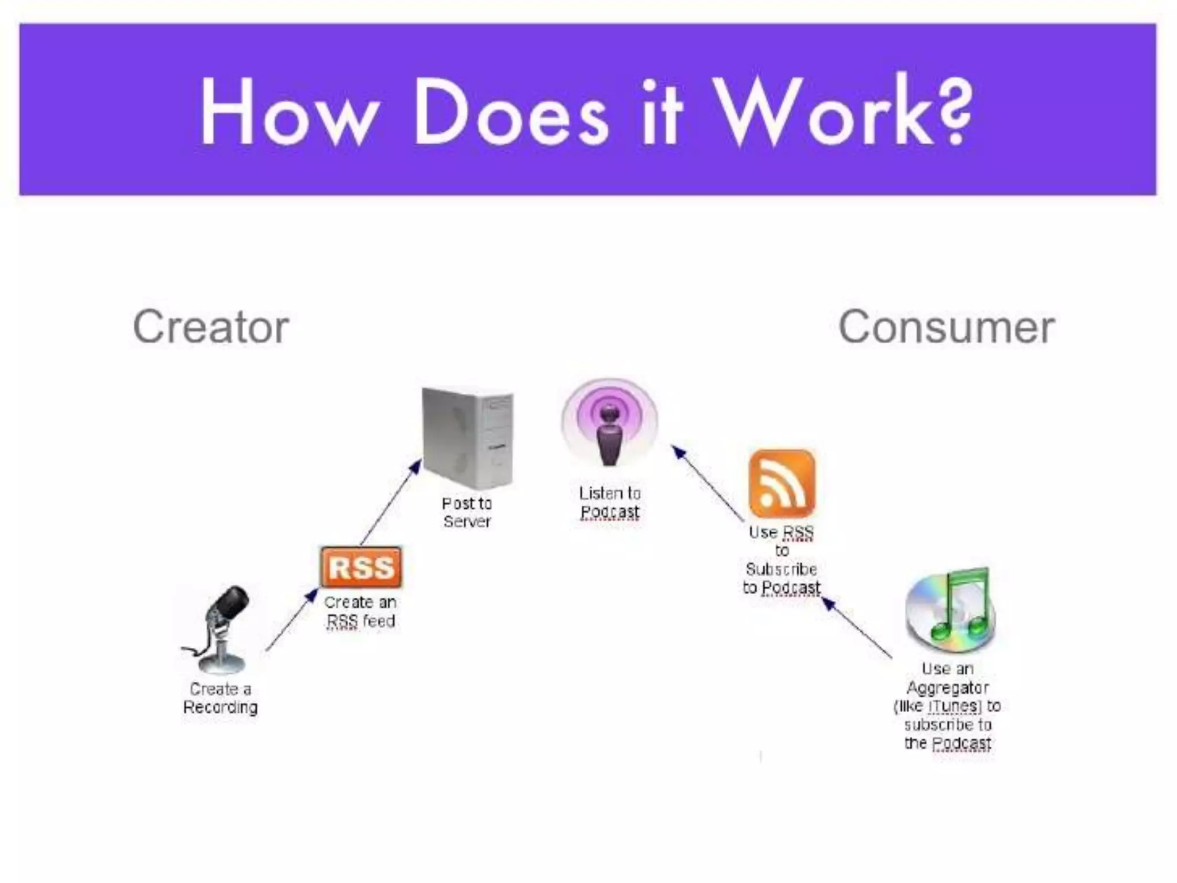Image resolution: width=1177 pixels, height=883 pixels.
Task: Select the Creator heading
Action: [211, 327]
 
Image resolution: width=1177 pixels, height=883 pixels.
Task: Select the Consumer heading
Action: [947, 327]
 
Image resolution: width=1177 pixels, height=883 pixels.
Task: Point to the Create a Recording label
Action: [220, 698]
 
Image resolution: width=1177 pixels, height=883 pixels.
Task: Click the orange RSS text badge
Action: [361, 567]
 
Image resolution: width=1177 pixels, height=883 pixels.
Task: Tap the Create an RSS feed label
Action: [360, 612]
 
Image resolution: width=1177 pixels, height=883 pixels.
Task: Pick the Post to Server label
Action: [467, 512]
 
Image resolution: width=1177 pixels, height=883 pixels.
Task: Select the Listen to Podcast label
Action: [610, 502]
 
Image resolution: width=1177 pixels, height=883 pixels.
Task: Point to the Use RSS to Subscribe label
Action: [782, 560]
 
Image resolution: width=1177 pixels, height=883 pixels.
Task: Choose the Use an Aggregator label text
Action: [948, 706]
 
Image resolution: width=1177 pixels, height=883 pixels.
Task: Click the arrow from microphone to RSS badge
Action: [291, 620]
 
